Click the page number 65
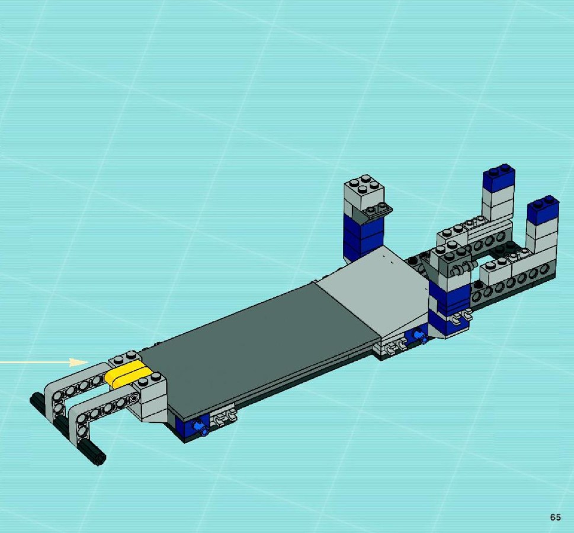click(555, 517)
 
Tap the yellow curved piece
click(128, 373)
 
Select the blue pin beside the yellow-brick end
click(201, 428)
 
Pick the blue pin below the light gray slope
click(419, 335)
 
